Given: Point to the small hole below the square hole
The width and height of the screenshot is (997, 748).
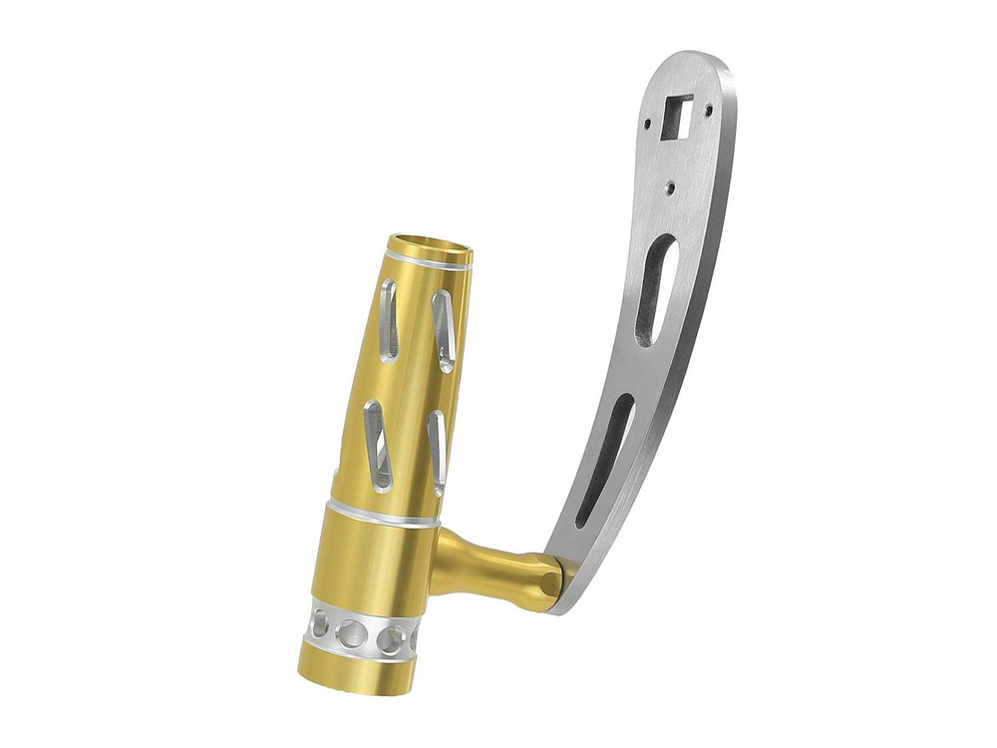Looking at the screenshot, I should tap(672, 186).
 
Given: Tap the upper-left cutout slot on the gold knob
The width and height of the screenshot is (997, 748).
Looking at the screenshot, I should tap(389, 318).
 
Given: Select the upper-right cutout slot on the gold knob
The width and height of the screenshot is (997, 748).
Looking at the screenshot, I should tap(444, 330).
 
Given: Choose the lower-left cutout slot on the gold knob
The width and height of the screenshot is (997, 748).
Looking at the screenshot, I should tap(377, 444).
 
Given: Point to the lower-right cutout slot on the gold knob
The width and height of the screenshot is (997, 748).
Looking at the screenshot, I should tap(437, 453).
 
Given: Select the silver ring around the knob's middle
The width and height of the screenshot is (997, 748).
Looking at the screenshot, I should tap(385, 513).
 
